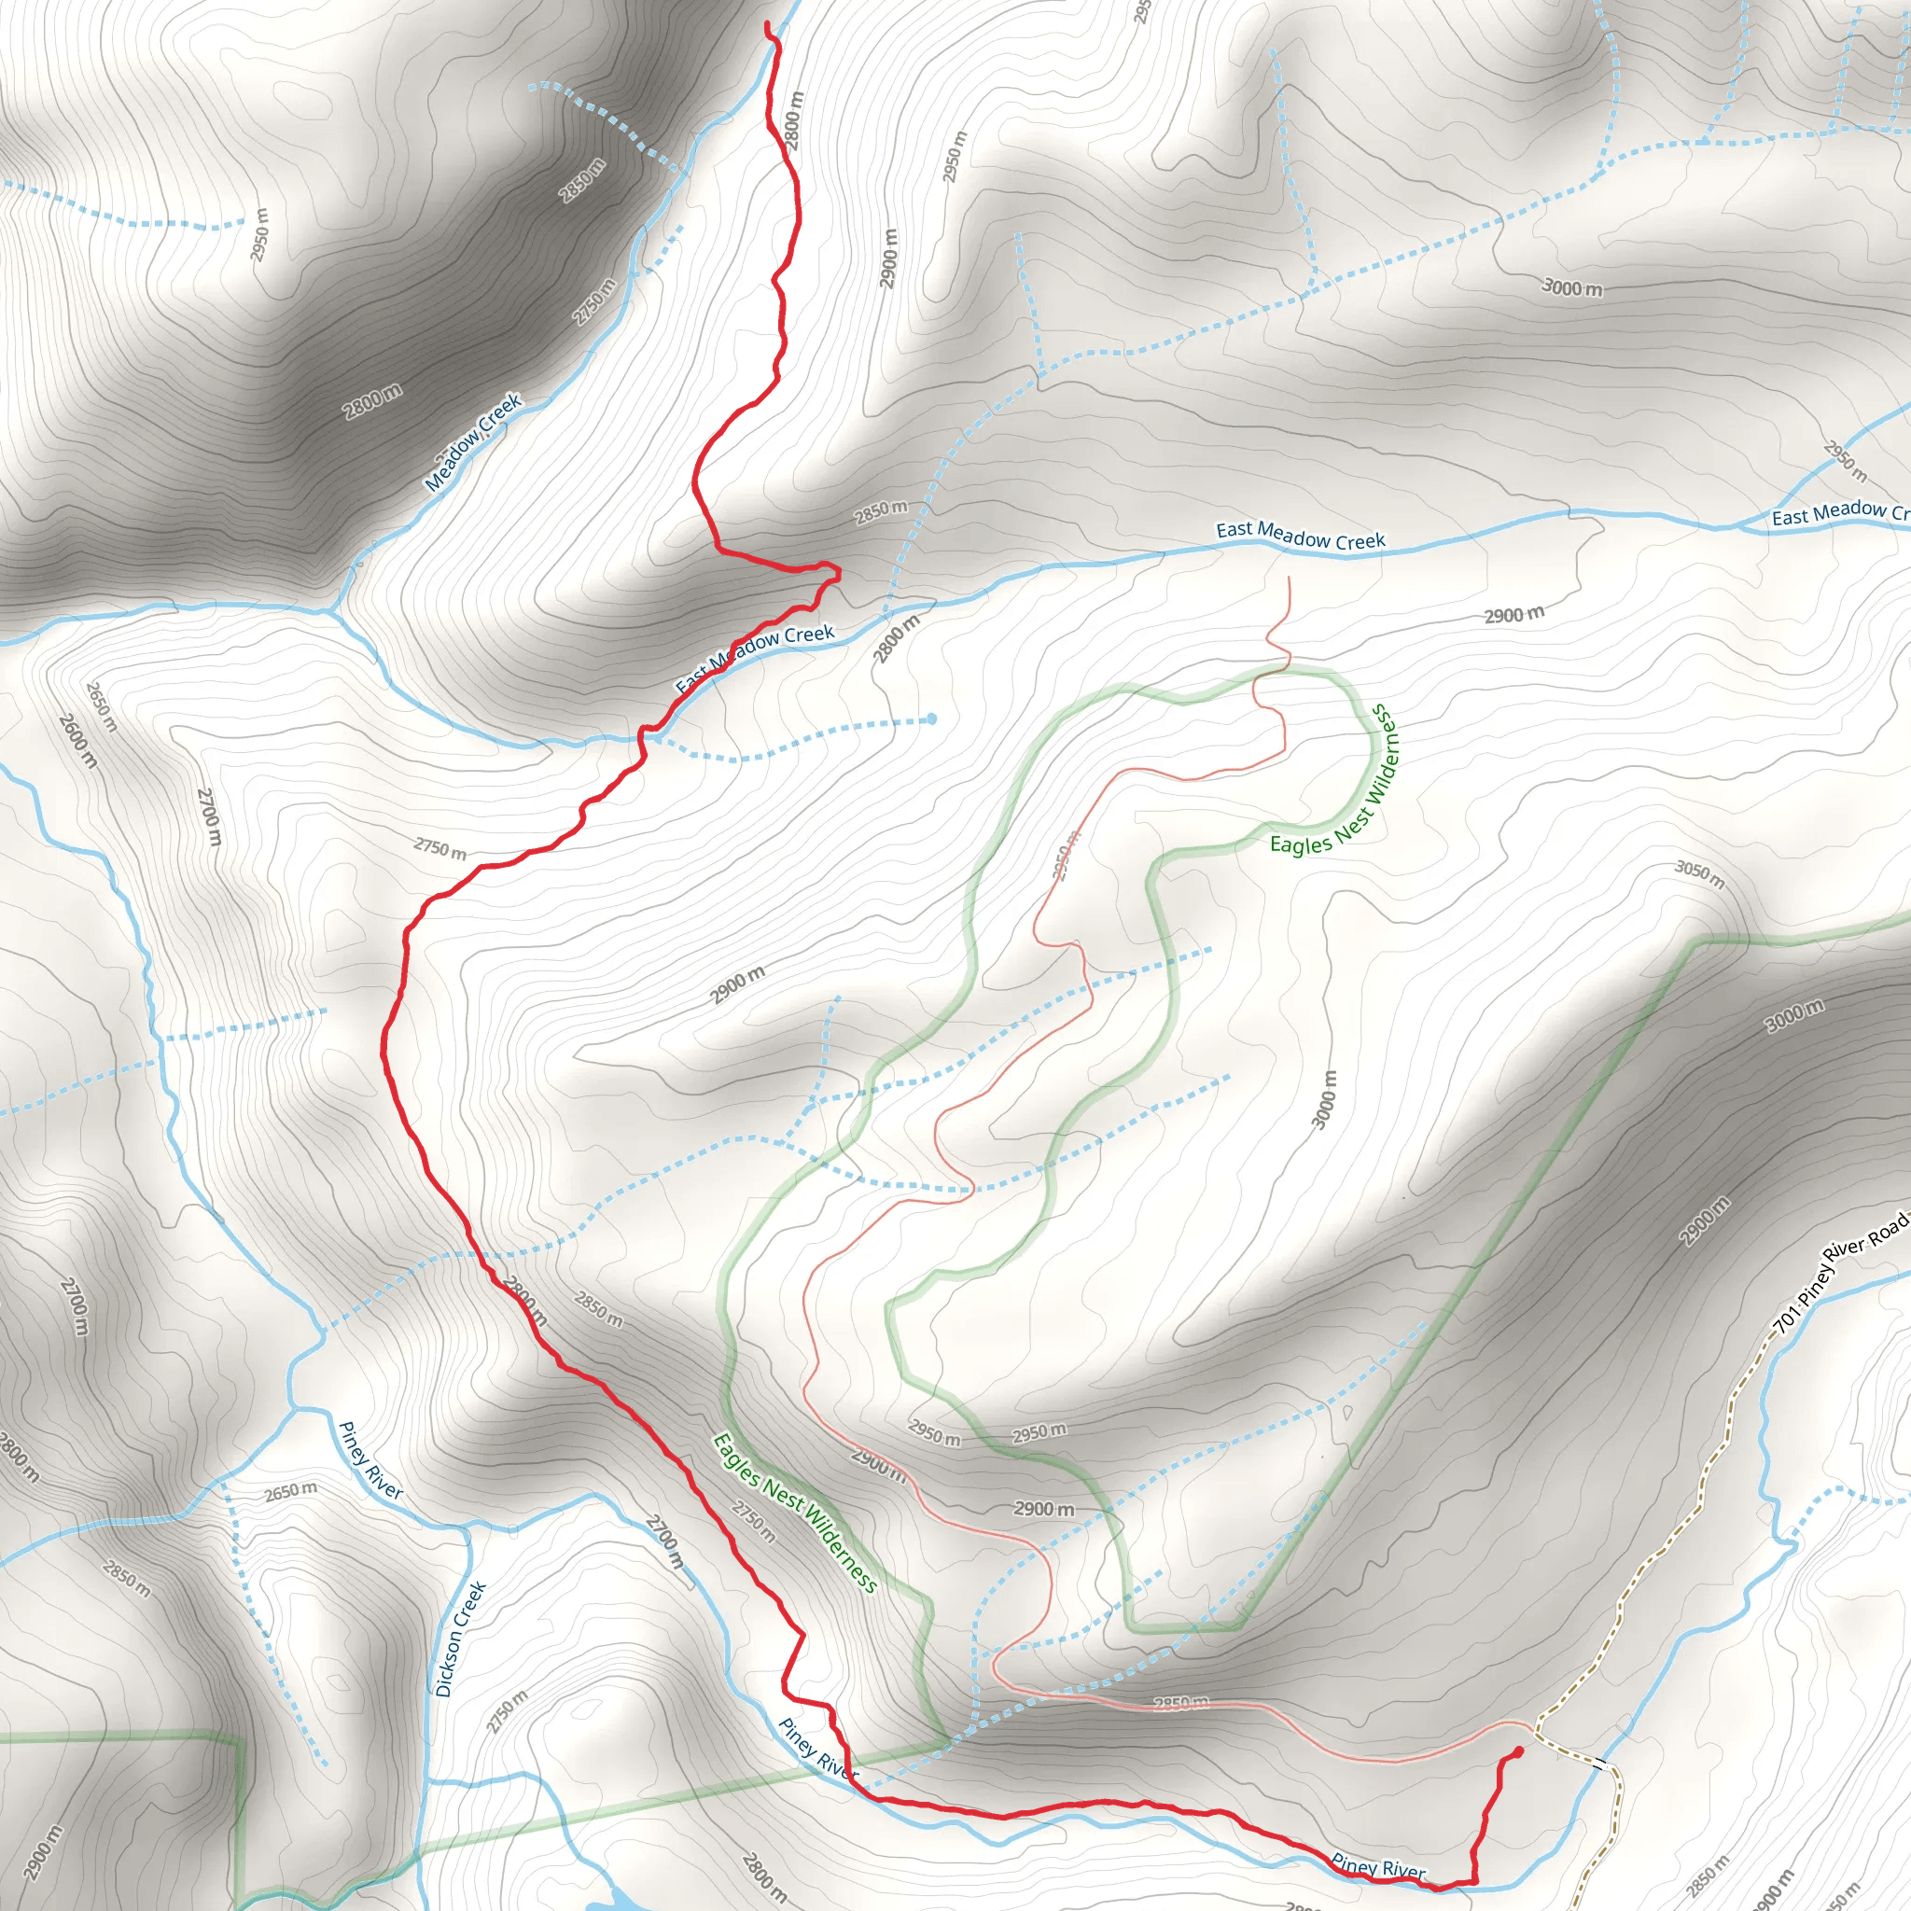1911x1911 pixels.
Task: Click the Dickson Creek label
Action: click(x=461, y=1639)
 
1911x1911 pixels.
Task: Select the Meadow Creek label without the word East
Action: click(x=473, y=442)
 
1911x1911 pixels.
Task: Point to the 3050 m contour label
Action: click(x=1699, y=873)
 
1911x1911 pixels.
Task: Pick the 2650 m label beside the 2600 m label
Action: click(x=102, y=706)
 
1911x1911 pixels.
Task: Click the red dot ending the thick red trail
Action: click(x=1517, y=1751)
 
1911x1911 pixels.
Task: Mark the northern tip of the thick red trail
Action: click(x=768, y=22)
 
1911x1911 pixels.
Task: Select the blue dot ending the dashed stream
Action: click(x=932, y=719)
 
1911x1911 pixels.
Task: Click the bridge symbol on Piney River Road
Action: click(x=1598, y=1764)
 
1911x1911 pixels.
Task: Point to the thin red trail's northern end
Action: click(x=1289, y=578)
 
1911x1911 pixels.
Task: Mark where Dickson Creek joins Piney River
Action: click(x=466, y=1528)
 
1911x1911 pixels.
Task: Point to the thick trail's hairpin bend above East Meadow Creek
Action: click(x=837, y=572)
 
